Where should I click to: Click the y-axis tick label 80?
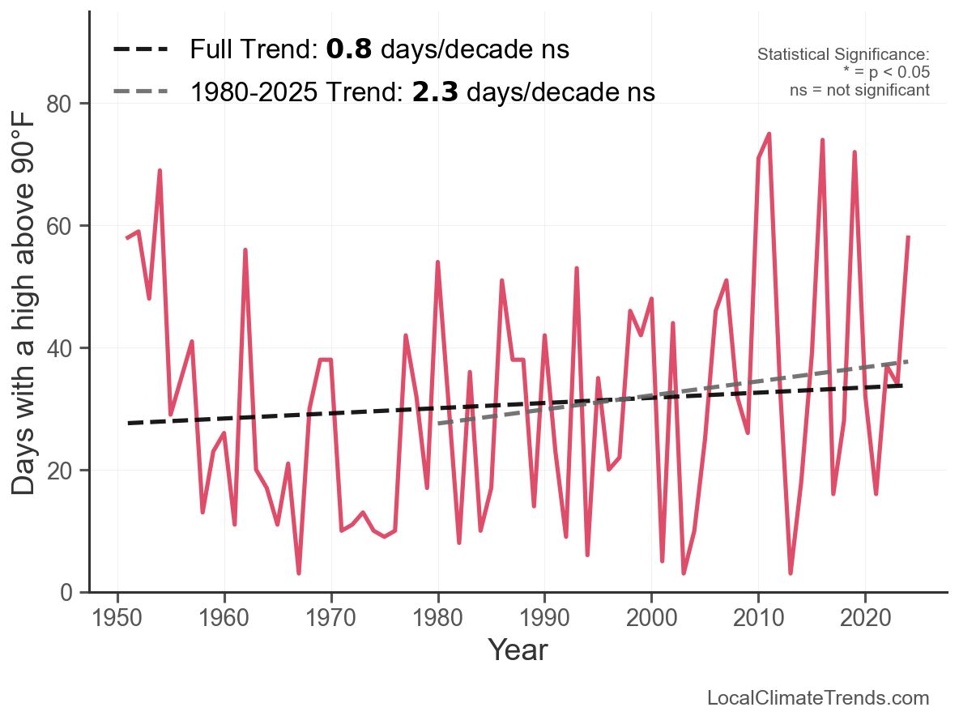click(x=66, y=104)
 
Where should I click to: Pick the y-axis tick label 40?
click(x=66, y=348)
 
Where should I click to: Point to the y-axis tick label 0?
click(x=72, y=593)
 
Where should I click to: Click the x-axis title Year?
click(x=518, y=650)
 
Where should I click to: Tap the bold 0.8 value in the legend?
click(x=348, y=50)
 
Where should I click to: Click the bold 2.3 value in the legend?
click(x=435, y=92)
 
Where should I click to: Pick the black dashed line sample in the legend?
click(x=140, y=50)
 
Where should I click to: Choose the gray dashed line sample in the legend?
click(x=140, y=92)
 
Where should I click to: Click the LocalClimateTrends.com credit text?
click(x=818, y=698)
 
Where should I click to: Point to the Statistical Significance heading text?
click(x=843, y=55)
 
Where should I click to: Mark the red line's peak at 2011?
click(x=769, y=134)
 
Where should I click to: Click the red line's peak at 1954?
click(x=160, y=171)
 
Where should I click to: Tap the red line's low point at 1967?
click(x=299, y=573)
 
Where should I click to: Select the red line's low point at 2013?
click(x=791, y=573)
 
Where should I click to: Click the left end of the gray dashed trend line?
click(x=438, y=424)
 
